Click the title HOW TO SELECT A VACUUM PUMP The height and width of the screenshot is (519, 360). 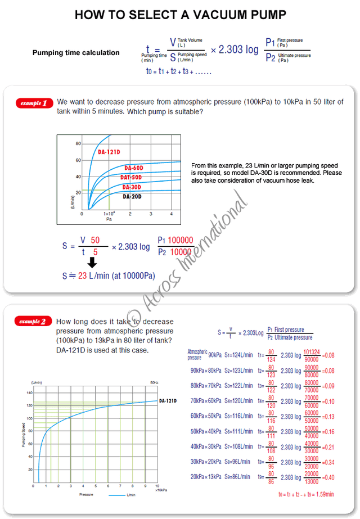[181, 15]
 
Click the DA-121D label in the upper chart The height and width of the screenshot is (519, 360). [111, 152]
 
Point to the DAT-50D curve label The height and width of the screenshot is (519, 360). [130, 177]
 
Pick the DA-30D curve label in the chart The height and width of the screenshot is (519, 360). [131, 187]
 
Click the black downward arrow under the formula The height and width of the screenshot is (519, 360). [93, 262]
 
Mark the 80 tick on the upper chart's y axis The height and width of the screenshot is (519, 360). [78, 145]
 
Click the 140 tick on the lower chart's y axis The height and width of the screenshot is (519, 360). [29, 392]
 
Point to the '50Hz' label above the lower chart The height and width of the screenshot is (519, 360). [154, 382]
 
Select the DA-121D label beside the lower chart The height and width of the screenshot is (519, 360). [168, 401]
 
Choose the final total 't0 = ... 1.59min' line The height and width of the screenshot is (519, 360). [306, 494]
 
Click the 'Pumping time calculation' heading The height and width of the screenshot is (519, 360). [76, 53]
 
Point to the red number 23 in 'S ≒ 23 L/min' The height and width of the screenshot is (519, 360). [82, 276]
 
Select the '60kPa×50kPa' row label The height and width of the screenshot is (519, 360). [205, 416]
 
